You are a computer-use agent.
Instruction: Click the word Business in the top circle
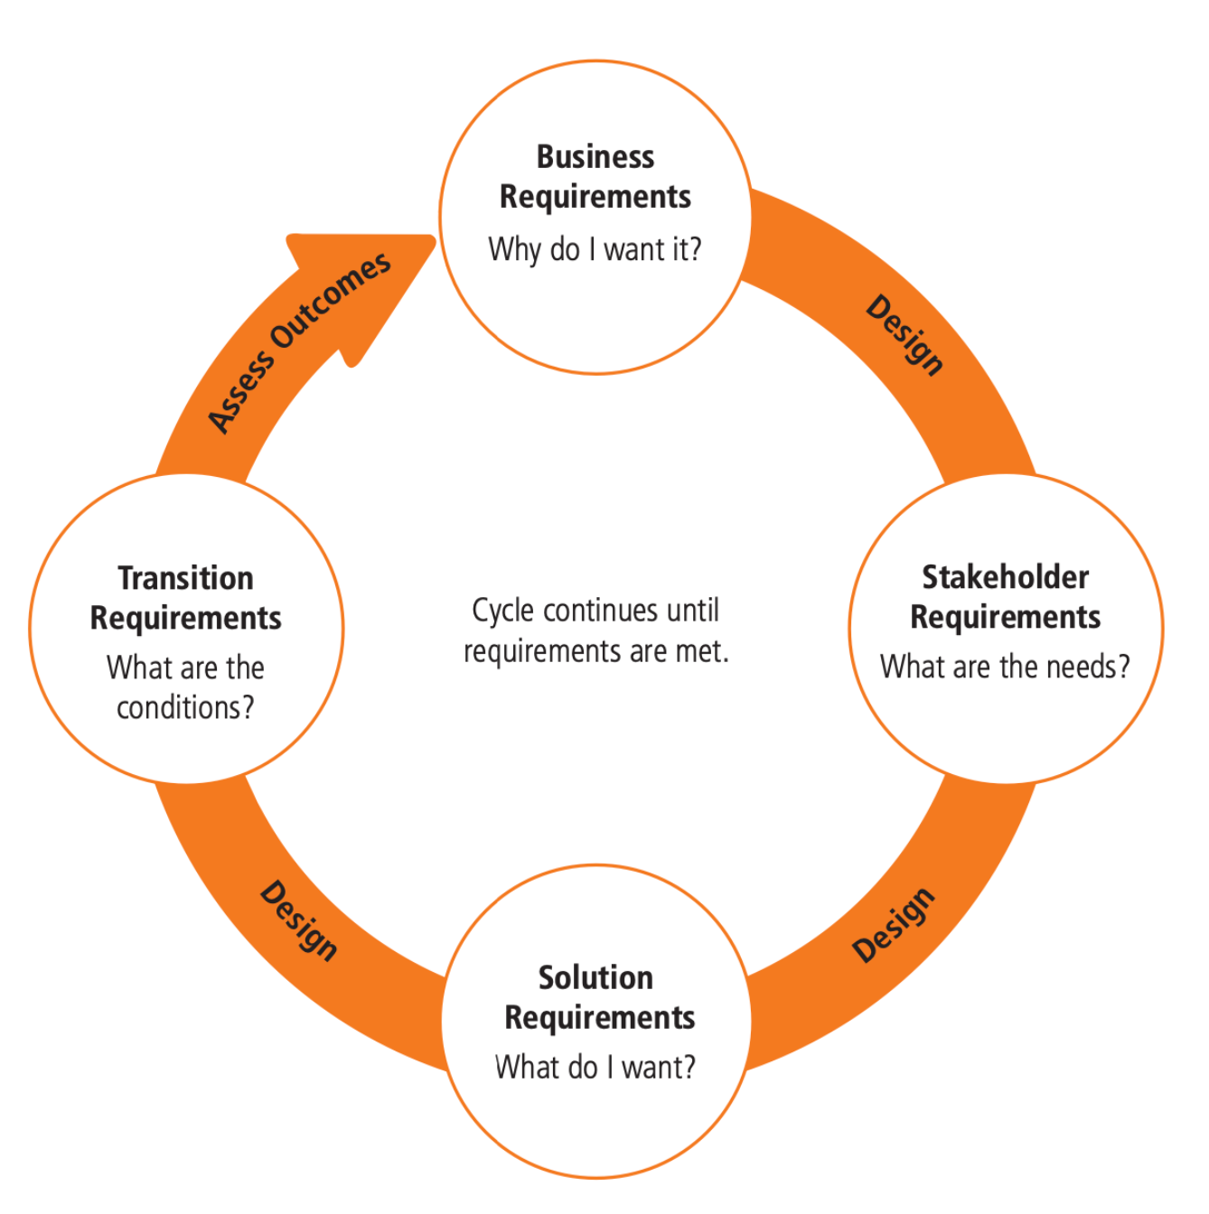(595, 157)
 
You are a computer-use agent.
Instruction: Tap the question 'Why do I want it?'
(595, 249)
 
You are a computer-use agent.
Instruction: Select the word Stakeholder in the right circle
(1005, 577)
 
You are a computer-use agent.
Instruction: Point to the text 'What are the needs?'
(1005, 668)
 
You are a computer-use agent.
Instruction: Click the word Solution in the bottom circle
(595, 977)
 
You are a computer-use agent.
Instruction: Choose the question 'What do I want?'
(595, 1068)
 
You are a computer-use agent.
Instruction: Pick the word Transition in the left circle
(186, 578)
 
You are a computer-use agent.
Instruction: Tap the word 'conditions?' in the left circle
(185, 708)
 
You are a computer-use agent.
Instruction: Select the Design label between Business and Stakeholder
(904, 334)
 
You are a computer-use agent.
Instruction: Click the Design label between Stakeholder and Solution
(894, 925)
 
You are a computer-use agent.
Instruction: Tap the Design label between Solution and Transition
(299, 920)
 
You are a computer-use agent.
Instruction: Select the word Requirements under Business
(595, 197)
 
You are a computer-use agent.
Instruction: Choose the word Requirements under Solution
(600, 1018)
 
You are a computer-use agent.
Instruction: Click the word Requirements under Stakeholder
(1005, 618)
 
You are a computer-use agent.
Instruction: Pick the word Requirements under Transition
(186, 619)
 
